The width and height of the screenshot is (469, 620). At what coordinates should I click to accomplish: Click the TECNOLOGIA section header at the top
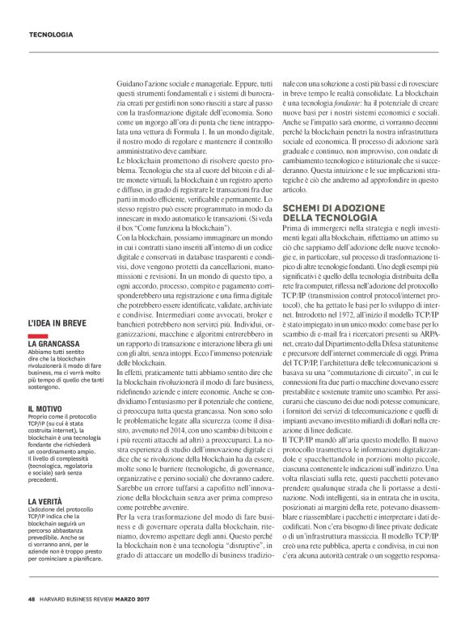51,35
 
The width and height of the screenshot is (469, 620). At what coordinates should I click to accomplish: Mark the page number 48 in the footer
31,599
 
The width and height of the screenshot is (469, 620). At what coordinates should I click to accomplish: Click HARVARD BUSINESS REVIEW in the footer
76,599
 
